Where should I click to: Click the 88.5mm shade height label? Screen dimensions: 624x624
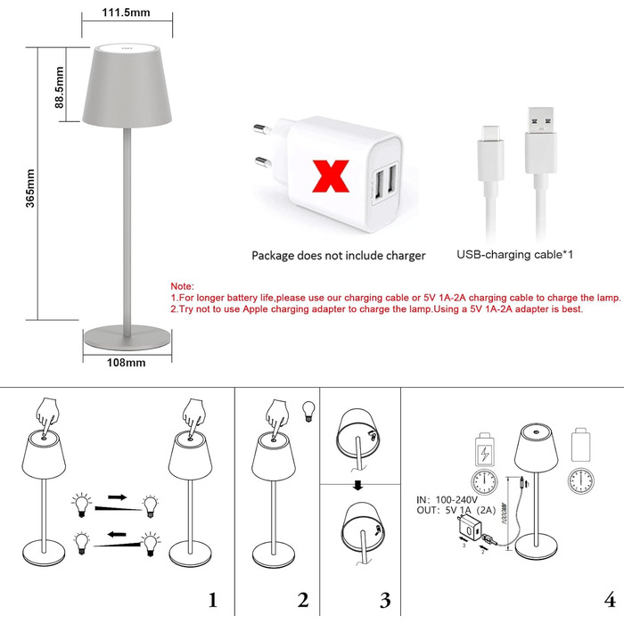(x=59, y=88)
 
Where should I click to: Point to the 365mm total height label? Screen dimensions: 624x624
(x=29, y=187)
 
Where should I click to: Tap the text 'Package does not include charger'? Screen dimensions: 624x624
(x=338, y=256)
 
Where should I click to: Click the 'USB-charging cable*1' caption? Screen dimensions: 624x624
(x=514, y=255)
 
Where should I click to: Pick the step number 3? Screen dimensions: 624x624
(x=385, y=598)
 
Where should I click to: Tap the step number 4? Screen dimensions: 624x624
(x=607, y=598)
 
